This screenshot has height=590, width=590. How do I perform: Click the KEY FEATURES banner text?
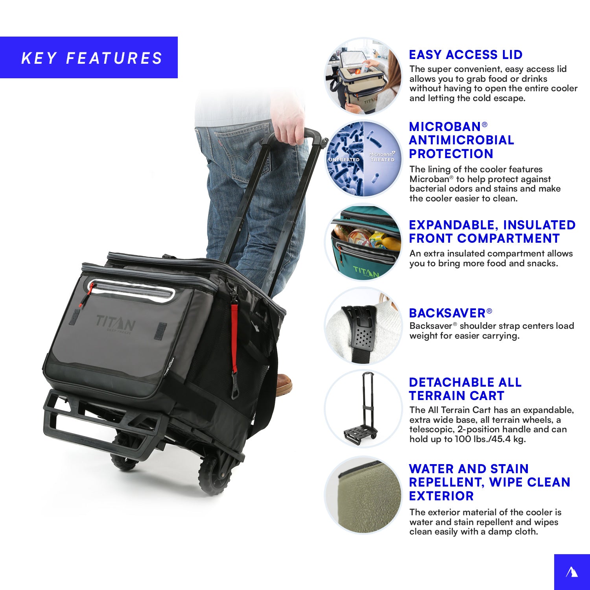(x=92, y=58)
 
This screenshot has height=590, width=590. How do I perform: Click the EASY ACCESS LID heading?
(x=466, y=55)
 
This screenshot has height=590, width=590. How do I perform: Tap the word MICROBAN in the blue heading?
(x=445, y=127)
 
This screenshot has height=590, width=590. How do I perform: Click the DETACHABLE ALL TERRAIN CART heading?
(x=465, y=389)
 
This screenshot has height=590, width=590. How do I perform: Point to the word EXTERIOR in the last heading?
(x=441, y=496)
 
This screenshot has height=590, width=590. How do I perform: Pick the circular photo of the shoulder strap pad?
(x=363, y=326)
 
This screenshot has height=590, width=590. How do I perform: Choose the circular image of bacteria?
(x=363, y=159)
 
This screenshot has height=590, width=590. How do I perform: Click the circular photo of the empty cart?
(x=363, y=408)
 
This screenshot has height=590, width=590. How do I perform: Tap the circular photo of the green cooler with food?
(x=363, y=242)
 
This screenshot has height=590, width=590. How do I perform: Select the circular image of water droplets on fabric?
(x=363, y=495)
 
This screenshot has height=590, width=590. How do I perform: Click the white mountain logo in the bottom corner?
(x=572, y=572)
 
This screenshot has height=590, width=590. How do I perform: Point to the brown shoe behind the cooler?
(x=284, y=384)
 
